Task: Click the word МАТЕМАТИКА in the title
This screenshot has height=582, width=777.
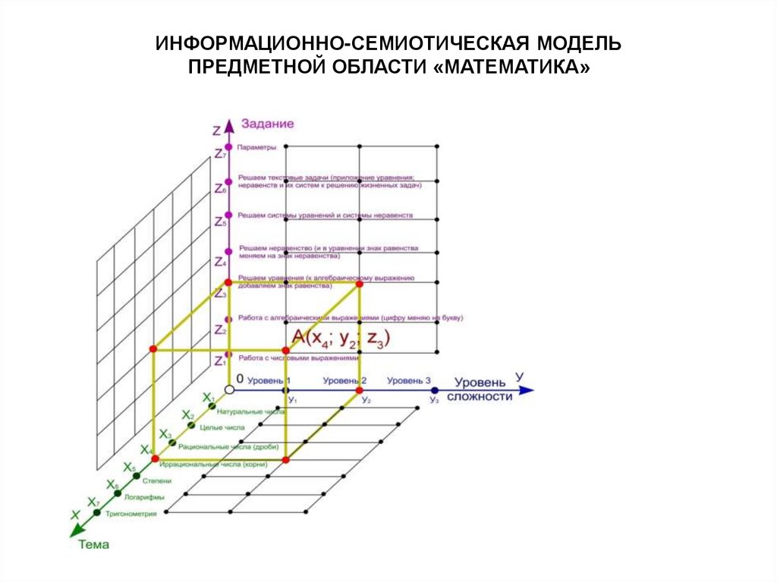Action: click(514, 68)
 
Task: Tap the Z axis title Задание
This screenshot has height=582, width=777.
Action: click(267, 123)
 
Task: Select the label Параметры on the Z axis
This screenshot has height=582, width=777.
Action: click(256, 147)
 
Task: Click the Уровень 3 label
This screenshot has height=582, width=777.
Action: click(409, 380)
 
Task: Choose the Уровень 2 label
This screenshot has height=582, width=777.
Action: click(344, 380)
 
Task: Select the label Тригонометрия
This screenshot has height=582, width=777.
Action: click(132, 514)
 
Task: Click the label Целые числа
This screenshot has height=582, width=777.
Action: click(227, 428)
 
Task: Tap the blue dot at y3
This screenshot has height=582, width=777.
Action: click(435, 390)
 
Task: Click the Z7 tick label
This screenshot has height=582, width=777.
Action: click(220, 154)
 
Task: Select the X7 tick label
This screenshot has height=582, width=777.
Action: click(93, 502)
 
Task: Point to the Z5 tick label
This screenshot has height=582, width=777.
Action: click(220, 222)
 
